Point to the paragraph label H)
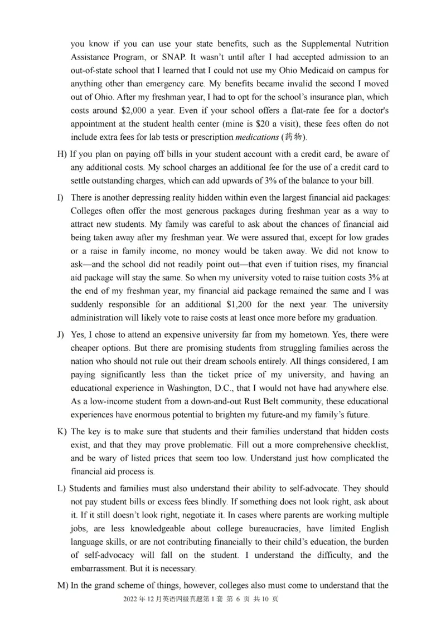click(x=62, y=154)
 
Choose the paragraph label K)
click(x=61, y=432)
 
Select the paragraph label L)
click(x=61, y=489)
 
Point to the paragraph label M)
click(x=62, y=585)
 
